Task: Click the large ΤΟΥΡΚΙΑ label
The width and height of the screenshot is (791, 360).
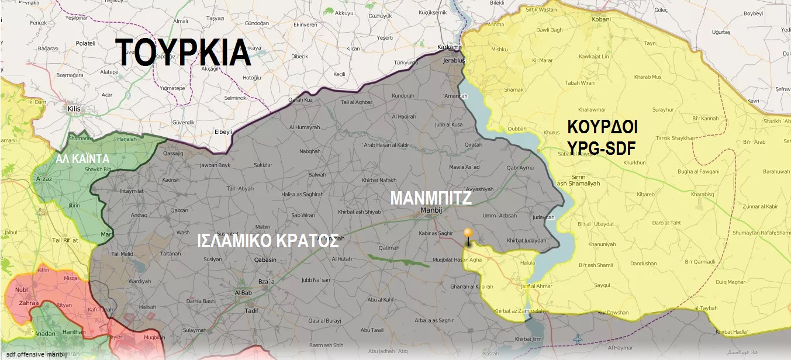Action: [x=184, y=53]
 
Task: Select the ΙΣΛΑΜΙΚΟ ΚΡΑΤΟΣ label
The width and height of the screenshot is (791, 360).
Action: [x=268, y=241]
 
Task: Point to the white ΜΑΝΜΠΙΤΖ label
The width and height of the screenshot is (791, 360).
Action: [x=431, y=199]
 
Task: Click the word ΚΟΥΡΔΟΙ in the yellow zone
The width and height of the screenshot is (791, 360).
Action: [x=602, y=127]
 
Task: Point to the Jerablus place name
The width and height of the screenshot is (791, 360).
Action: [x=454, y=61]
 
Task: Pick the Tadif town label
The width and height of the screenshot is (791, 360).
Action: [x=251, y=310]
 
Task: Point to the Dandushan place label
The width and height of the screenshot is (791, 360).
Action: [x=643, y=264]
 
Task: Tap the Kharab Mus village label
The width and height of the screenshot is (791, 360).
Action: [x=647, y=77]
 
